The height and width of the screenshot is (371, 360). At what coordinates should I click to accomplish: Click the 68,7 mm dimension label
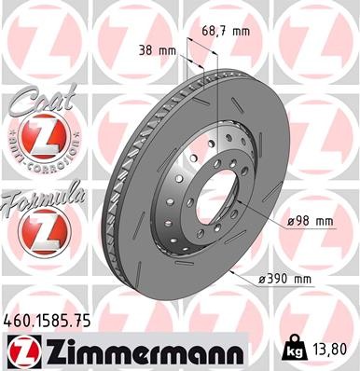tap(227, 31)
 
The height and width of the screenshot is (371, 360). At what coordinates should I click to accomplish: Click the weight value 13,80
tap(333, 349)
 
